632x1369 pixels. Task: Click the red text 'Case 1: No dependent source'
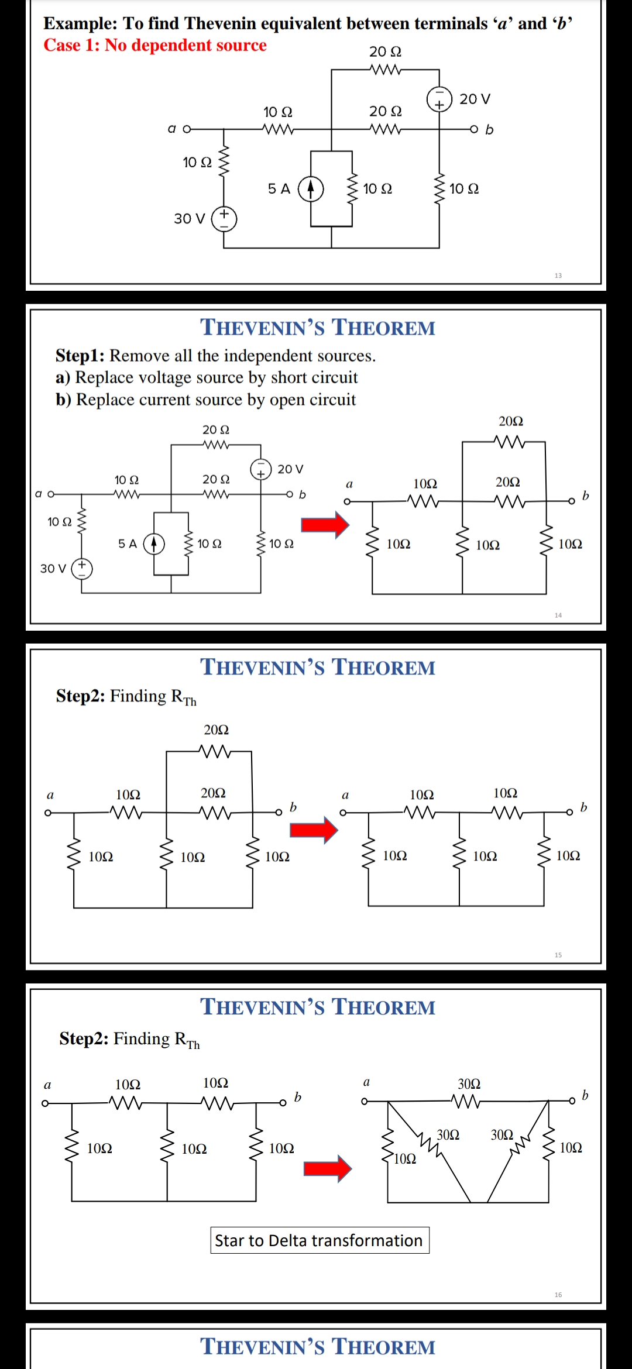155,45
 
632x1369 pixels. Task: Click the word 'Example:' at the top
81,23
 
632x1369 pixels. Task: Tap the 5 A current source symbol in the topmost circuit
311,189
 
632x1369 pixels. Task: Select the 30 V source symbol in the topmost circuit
224,219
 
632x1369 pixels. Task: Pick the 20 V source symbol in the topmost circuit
439,99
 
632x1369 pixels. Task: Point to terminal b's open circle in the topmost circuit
474,129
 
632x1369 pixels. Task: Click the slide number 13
558,276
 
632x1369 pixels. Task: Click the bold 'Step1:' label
80,356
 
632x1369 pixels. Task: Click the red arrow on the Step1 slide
325,524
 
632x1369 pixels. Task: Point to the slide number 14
558,615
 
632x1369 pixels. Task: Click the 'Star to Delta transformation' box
320,1240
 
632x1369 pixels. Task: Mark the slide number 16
558,1295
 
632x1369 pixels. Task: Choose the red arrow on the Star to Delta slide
327,1168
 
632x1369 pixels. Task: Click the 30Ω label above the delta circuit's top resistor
469,1084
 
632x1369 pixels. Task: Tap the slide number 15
558,955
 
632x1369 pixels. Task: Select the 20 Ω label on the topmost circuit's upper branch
385,52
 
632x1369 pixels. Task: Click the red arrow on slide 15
314,830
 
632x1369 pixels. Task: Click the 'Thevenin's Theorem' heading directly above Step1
318,328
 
